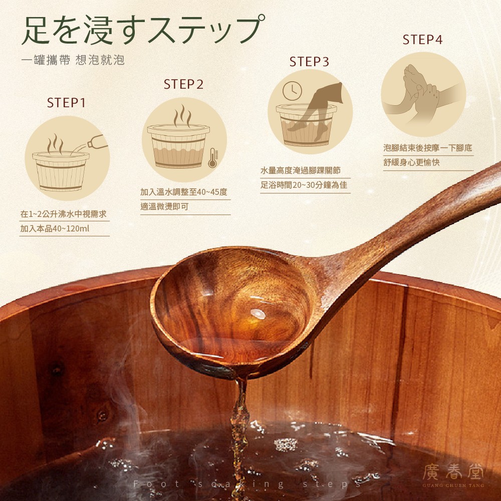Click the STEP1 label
(x=66, y=103)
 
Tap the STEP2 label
(x=183, y=84)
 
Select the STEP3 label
(x=309, y=62)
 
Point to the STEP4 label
(x=422, y=40)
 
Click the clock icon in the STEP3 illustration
(x=292, y=90)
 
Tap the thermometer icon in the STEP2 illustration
(x=213, y=158)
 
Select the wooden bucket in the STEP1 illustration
(x=61, y=171)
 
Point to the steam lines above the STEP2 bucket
(x=182, y=116)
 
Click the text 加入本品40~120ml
(x=55, y=228)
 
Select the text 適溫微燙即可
(x=164, y=206)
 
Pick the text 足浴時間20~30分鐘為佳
(x=304, y=185)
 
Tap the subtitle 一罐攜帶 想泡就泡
(x=73, y=60)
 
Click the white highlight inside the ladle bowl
(x=258, y=314)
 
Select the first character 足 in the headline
(x=36, y=31)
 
